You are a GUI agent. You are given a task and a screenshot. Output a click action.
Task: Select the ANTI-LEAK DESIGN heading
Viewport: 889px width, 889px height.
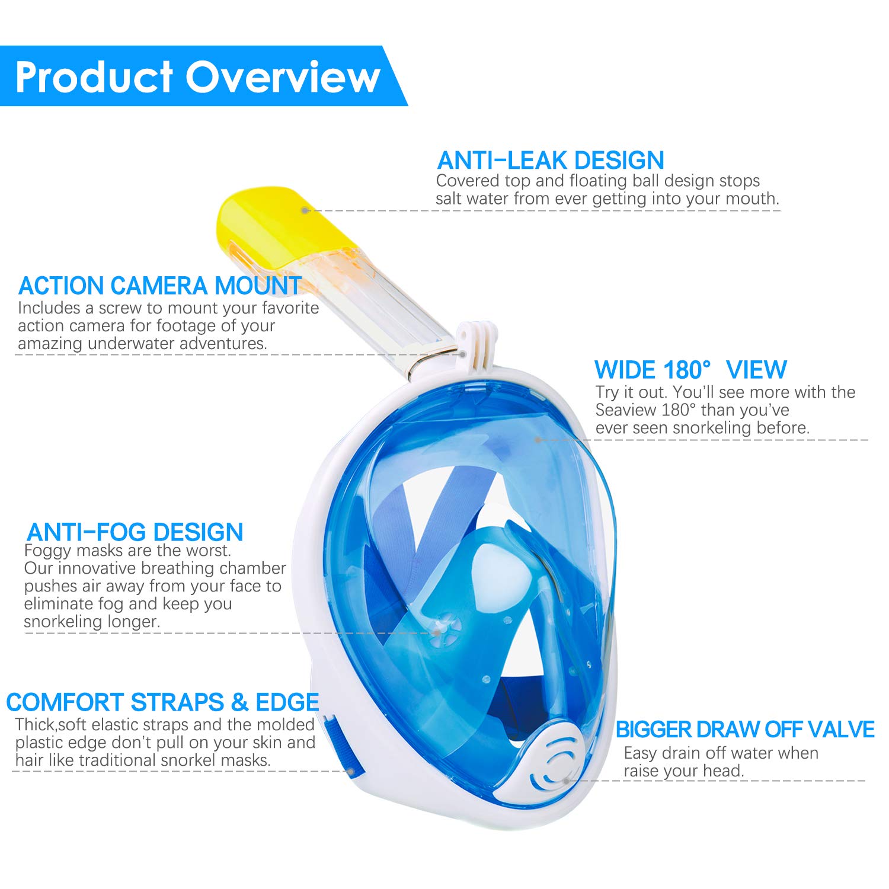551,160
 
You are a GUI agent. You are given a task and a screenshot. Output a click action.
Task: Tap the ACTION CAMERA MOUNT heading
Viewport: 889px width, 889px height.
160,286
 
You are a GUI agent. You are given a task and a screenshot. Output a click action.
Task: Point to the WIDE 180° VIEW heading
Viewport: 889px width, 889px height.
690,370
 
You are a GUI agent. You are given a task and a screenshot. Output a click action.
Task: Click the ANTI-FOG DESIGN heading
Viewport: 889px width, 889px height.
135,532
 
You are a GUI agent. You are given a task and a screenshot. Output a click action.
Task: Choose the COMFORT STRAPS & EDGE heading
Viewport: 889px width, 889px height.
162,702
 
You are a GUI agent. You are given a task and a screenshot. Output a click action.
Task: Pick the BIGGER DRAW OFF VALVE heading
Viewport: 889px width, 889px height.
745,730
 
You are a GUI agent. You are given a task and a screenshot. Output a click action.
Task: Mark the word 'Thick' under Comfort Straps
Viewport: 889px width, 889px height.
35,725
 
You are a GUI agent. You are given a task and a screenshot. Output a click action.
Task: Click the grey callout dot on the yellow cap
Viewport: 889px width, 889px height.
305,210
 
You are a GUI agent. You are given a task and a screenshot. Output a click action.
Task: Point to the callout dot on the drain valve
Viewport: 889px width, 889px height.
567,781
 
